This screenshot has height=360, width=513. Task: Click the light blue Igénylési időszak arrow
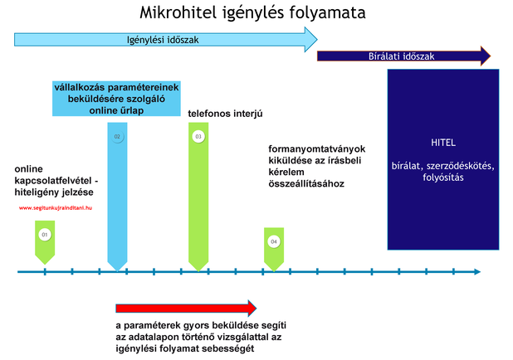tap(165, 40)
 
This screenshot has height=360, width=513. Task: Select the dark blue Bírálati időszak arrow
tap(403, 56)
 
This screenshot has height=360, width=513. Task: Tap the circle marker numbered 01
tap(45, 235)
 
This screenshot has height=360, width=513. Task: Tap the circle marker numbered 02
tap(117, 136)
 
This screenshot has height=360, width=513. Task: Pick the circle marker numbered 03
tap(198, 136)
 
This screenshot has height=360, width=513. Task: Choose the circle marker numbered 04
tap(274, 241)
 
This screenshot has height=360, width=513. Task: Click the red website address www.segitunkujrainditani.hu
tap(56, 207)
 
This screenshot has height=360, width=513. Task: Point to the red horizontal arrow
tap(186, 308)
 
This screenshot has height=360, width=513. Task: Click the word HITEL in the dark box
tap(443, 143)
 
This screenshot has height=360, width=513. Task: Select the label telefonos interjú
tap(225, 114)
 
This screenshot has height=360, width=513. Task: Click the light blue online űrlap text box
tap(116, 99)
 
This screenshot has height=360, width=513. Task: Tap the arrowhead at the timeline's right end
tap(477, 272)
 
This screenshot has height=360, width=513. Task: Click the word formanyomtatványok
tap(317, 148)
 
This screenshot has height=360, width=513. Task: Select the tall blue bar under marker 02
tap(117, 197)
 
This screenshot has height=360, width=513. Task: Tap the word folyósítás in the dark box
tap(443, 178)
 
